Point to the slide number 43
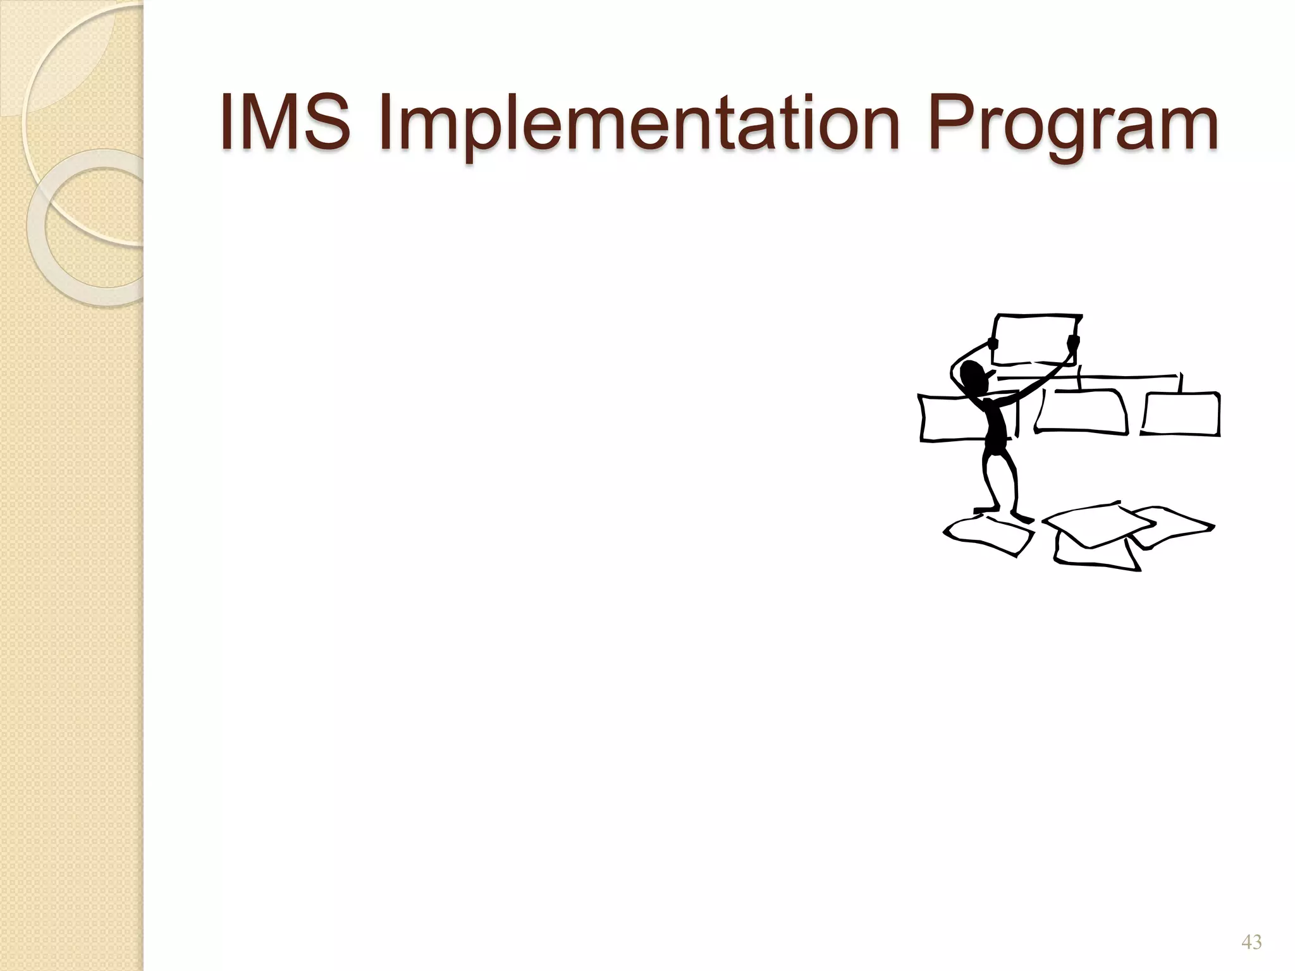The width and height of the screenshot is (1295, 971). (x=1251, y=943)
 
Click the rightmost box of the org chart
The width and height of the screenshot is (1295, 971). (x=1181, y=413)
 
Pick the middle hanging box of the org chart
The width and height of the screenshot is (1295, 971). (x=1081, y=412)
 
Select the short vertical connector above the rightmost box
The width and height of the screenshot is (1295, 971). (x=1180, y=383)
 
